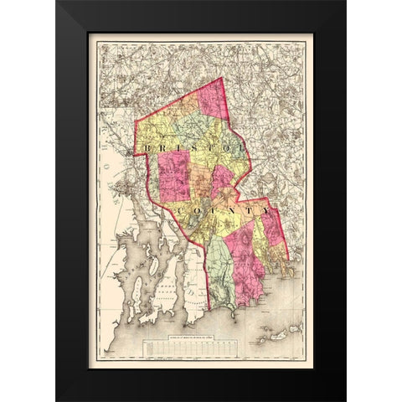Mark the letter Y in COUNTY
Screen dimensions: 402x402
[267, 211]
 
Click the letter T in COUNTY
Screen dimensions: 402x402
[251, 211]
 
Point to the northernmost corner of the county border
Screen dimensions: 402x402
[220, 78]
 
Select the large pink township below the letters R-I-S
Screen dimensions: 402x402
[175, 176]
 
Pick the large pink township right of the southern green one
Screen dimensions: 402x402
[245, 268]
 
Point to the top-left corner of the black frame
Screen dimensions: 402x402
[58, 3]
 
